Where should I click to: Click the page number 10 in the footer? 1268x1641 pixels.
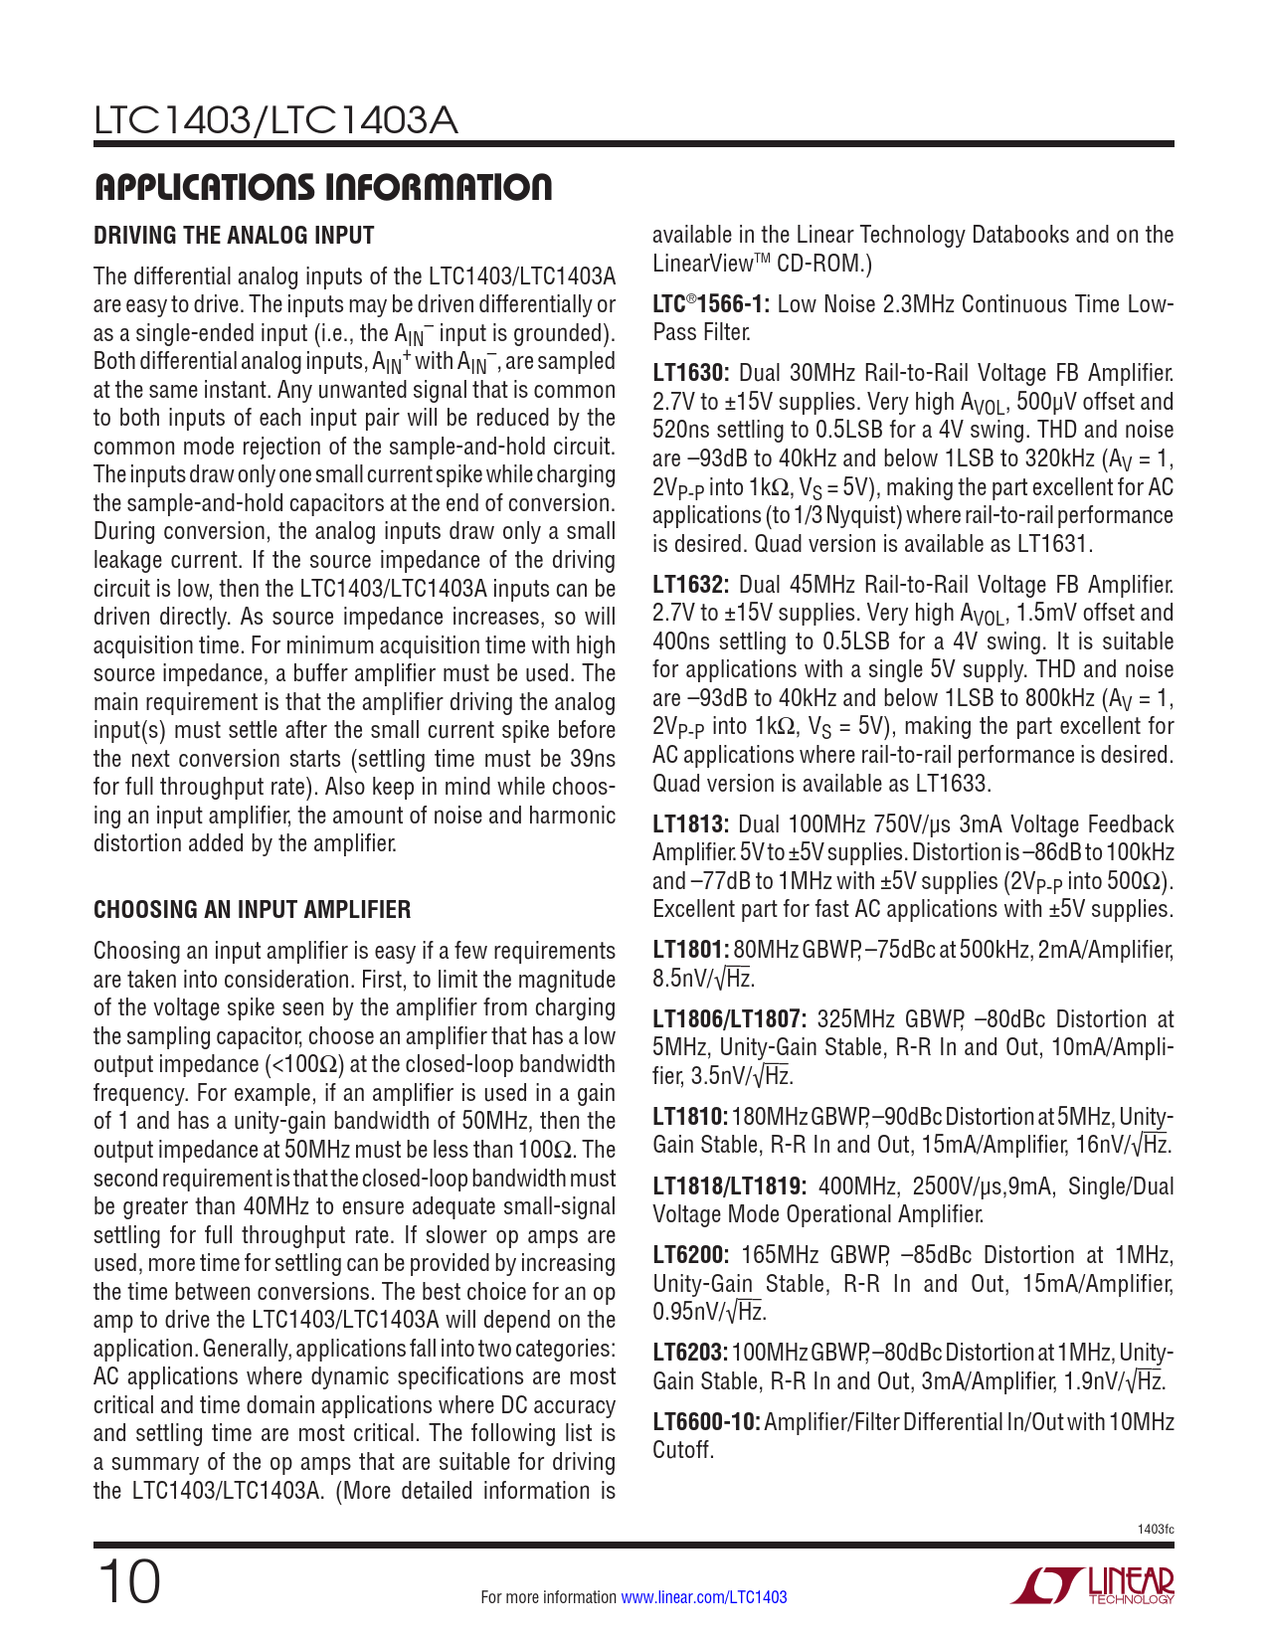click(x=128, y=1582)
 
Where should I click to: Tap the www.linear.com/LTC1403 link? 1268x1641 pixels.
click(x=703, y=1597)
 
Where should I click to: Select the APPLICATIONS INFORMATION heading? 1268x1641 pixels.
click(x=322, y=187)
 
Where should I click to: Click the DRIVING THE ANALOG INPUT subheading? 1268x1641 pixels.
click(x=234, y=236)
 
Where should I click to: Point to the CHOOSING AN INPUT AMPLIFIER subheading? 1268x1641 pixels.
click(x=252, y=910)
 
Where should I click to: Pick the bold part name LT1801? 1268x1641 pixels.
click(x=690, y=950)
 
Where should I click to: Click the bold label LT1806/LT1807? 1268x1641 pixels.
click(x=728, y=1019)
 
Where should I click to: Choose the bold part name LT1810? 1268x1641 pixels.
click(x=690, y=1117)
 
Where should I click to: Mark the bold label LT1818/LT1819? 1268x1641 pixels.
click(x=728, y=1186)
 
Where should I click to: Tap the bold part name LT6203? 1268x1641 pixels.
click(x=690, y=1353)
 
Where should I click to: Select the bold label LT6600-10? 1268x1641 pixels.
click(x=706, y=1422)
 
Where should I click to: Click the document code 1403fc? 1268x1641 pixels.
click(x=1155, y=1529)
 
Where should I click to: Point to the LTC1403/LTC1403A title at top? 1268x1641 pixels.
click(x=275, y=121)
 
